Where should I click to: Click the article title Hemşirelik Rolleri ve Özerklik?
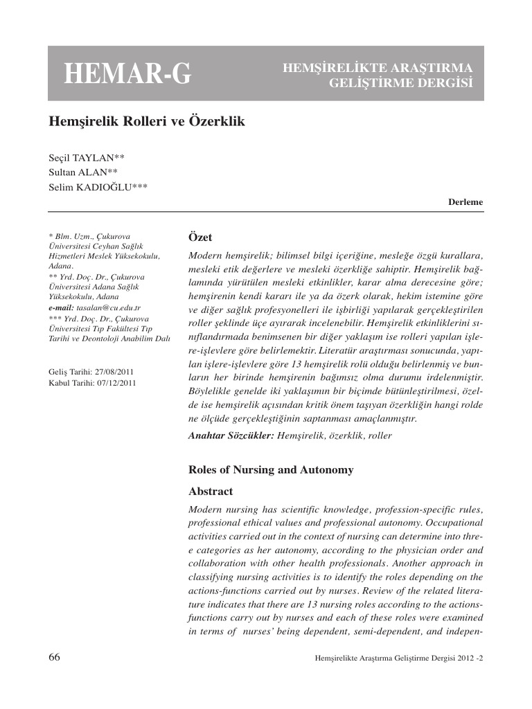[x=146, y=121]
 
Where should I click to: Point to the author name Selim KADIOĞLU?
[x=98, y=187]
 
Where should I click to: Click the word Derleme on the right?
[x=466, y=201]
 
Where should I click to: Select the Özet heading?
[x=201, y=237]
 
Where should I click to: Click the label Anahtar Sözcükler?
[x=231, y=436]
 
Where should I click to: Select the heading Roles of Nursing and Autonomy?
[x=271, y=470]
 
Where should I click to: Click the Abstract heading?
[x=211, y=491]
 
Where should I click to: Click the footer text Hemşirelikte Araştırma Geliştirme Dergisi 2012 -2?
[x=398, y=658]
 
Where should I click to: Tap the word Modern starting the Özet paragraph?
[x=206, y=255]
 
